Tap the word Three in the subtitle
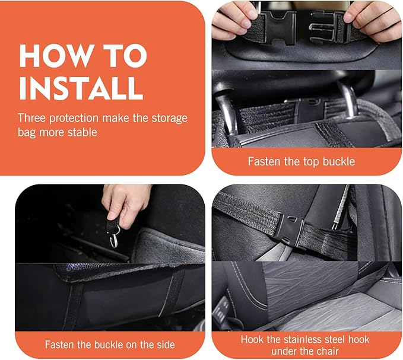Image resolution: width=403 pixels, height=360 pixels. tap(32, 118)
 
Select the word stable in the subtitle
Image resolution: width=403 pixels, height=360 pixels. tap(81, 132)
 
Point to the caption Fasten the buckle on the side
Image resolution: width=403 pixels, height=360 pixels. tap(110, 343)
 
